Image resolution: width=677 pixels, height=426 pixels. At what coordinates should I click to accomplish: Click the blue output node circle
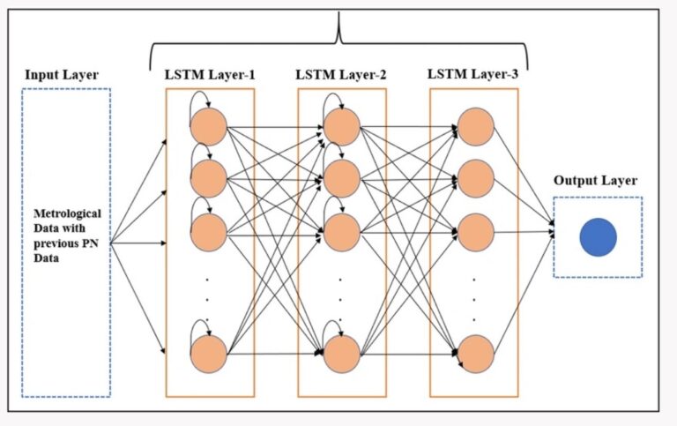tap(598, 238)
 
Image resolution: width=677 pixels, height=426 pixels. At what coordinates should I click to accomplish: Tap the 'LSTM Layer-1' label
tap(210, 73)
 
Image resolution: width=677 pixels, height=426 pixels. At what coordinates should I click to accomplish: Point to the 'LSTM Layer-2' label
tap(341, 73)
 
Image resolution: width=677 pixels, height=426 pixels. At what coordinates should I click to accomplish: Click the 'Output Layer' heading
tap(595, 181)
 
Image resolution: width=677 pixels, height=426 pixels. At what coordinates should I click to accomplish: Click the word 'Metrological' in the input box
tap(67, 213)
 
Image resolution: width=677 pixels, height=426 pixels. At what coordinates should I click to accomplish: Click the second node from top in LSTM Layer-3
tap(474, 179)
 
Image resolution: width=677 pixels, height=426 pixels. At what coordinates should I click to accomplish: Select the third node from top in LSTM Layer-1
tap(209, 233)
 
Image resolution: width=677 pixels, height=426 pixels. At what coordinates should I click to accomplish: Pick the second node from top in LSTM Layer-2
tap(342, 179)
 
